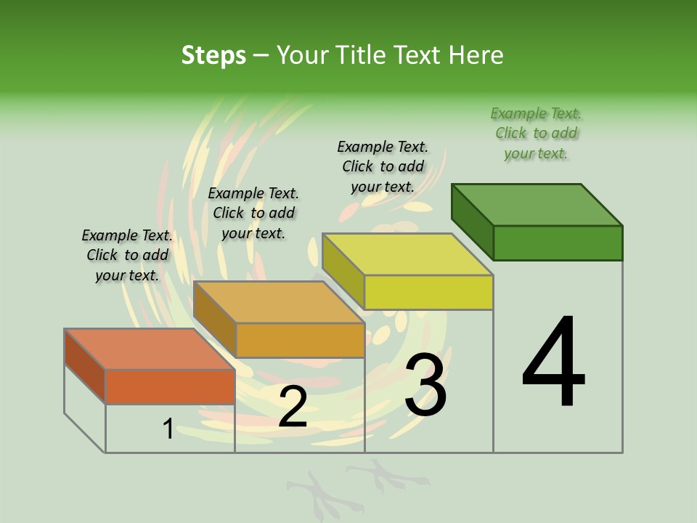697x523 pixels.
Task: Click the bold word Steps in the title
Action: click(213, 55)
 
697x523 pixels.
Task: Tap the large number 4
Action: click(553, 363)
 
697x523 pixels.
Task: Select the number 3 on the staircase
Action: click(425, 385)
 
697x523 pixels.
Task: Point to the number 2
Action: click(293, 407)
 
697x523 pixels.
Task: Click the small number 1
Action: click(168, 429)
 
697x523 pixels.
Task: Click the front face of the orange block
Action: click(170, 386)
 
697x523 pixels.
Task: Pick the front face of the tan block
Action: click(300, 340)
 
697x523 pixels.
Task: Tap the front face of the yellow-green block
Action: click(428, 292)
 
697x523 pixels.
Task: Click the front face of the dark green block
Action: click(558, 243)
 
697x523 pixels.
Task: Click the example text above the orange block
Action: click(127, 255)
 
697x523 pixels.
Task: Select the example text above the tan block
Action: click(253, 213)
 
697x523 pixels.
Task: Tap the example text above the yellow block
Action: click(383, 166)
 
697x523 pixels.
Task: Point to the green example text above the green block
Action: click(536, 133)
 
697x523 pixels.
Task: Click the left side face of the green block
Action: click(472, 222)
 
